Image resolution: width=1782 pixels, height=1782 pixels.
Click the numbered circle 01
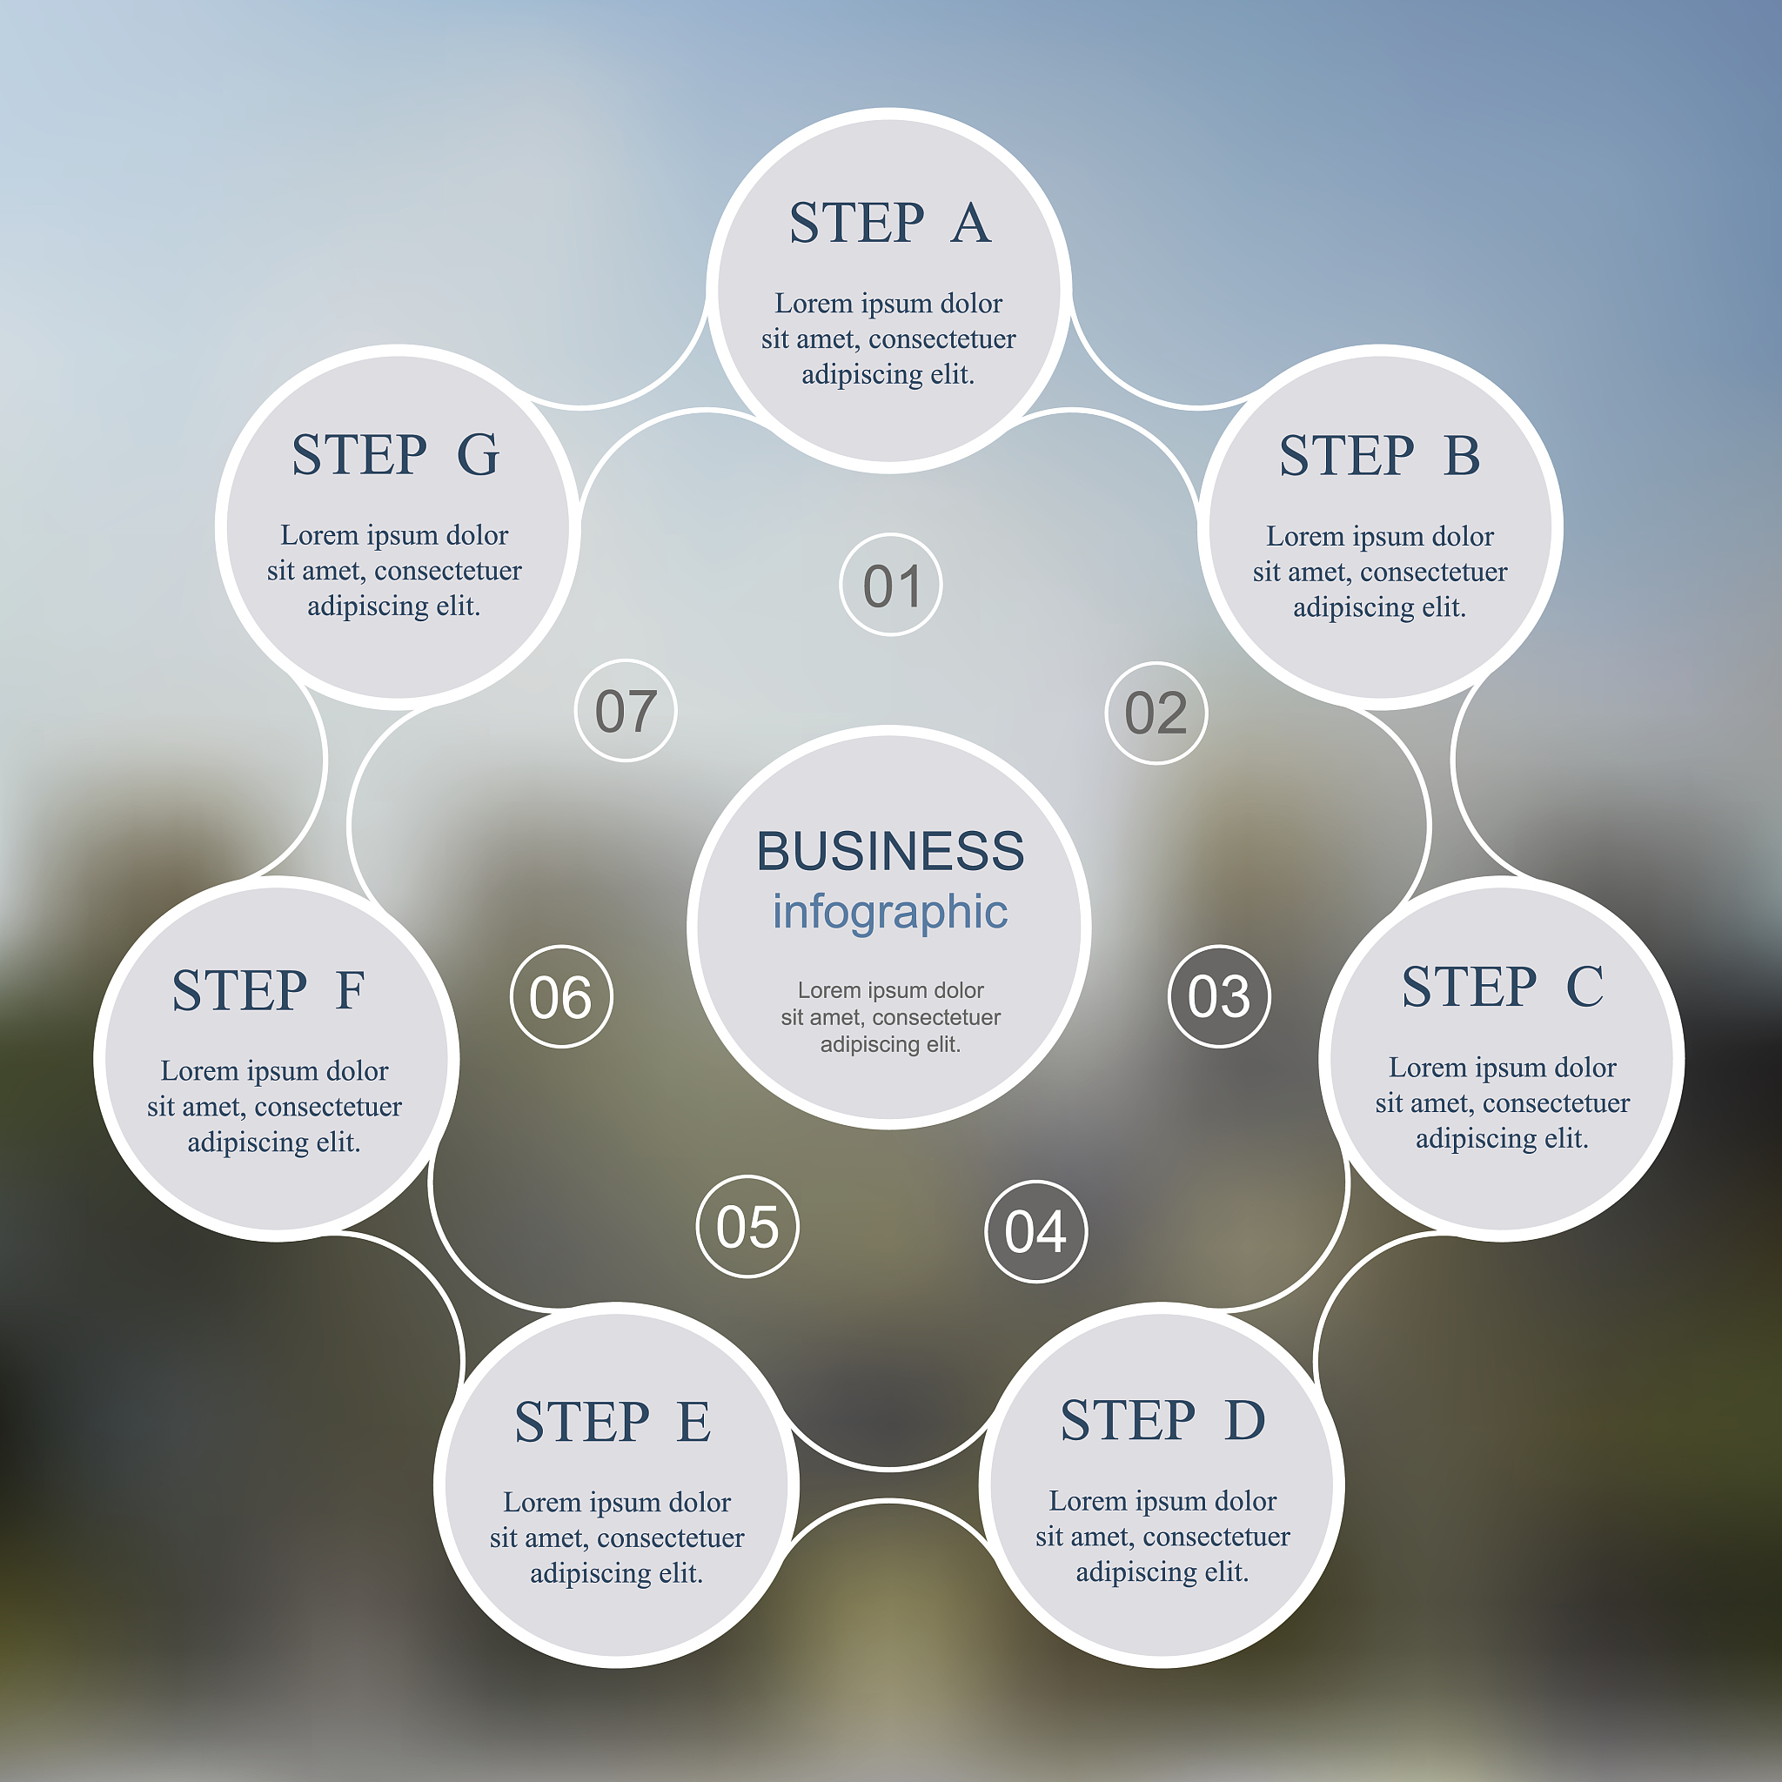pos(891,585)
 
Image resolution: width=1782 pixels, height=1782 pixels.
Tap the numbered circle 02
pos(1156,713)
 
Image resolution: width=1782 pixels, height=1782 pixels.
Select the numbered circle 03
pos(1218,996)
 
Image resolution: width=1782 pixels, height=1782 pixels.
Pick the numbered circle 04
pos(1035,1231)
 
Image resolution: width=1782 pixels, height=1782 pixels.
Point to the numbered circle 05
pos(747,1227)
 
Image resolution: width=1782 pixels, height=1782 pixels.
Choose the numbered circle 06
pos(561,996)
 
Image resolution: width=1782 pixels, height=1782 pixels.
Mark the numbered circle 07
pos(626,710)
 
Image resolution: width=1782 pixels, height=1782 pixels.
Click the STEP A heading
pos(890,224)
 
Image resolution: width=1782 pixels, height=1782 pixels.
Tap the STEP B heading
pos(1380,456)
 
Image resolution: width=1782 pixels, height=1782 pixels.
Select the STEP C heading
pos(1503,987)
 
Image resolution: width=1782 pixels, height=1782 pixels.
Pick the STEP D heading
pos(1162,1419)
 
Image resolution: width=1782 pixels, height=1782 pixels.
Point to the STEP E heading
pos(613,1422)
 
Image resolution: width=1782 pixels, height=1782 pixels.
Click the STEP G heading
pos(396,455)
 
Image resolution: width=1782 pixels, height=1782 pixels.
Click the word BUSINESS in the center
pos(890,850)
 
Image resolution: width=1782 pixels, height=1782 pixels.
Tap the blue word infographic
pos(890,911)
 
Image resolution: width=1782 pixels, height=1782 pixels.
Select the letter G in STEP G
pos(479,455)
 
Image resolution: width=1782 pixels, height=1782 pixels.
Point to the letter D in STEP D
pos(1245,1419)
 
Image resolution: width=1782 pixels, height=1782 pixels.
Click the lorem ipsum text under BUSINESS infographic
pos(890,1016)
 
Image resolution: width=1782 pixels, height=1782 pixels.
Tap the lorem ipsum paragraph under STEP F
pos(275,1106)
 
